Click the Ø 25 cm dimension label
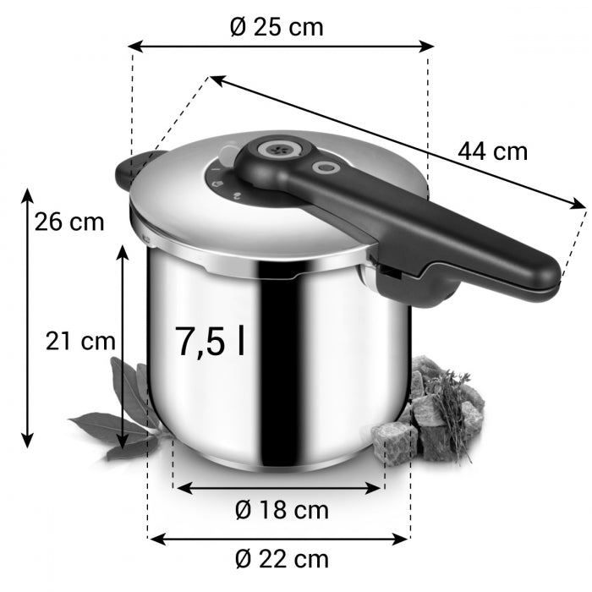pos(277,26)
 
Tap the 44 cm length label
pos(492,151)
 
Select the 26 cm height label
pos(70,222)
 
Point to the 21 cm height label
pos(79,342)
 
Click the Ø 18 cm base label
pos(281,511)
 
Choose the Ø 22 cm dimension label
pos(281,559)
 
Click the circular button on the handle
pos(323,168)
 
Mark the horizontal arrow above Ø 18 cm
pos(279,488)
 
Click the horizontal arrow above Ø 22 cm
pos(279,536)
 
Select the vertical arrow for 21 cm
pos(124,347)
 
